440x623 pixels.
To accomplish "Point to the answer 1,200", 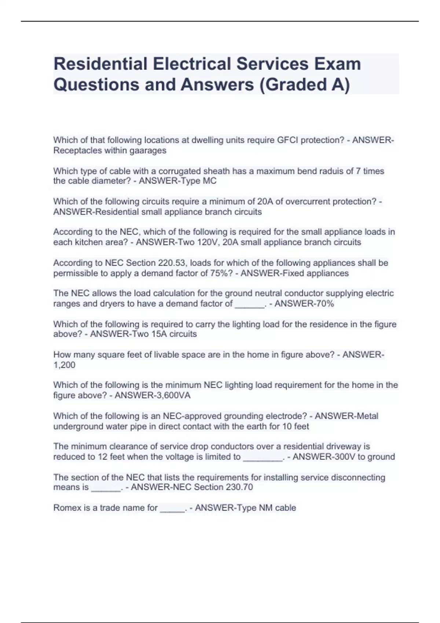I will [x=64, y=365].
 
